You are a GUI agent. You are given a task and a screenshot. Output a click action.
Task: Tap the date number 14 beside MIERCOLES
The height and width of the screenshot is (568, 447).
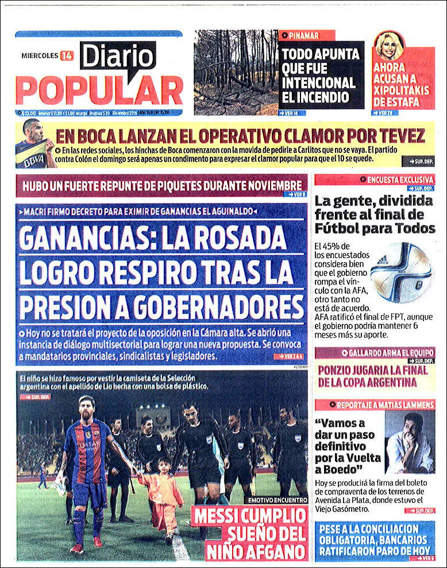66,56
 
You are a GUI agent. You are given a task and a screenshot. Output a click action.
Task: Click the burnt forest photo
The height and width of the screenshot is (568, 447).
236,72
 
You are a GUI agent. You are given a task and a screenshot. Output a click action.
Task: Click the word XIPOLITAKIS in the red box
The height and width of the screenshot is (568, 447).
403,91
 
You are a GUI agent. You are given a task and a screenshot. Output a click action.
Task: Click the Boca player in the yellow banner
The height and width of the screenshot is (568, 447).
33,145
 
